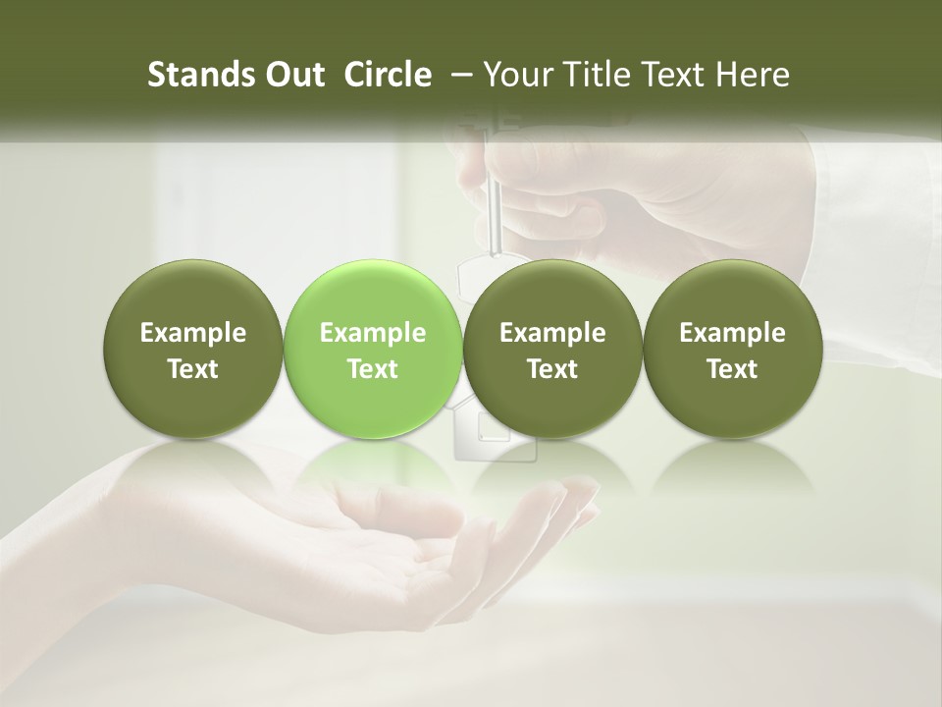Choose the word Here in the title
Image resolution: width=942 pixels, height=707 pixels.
[x=754, y=75]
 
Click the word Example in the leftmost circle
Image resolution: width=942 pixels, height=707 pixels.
[x=192, y=333]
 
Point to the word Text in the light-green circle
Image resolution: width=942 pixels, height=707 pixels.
[x=373, y=369]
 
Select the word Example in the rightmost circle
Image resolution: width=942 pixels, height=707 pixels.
[x=732, y=333]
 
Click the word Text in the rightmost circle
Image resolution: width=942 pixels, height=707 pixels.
[x=732, y=369]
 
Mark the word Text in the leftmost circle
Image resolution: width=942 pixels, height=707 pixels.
[x=192, y=369]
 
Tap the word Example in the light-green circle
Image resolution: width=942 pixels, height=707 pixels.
[x=373, y=333]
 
